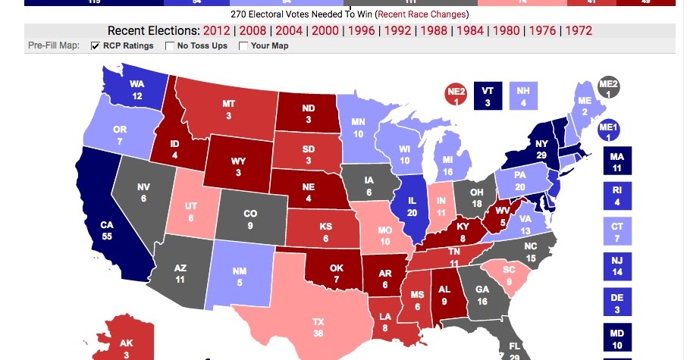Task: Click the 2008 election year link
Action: point(253,31)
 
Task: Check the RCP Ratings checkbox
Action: point(96,46)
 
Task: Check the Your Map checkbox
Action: point(243,46)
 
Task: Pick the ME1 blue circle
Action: point(609,130)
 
